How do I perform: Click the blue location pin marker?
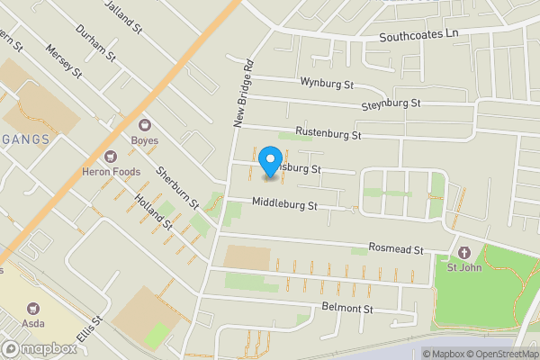pos(268,162)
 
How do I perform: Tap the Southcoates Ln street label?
pos(418,37)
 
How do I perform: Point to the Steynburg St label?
pos(391,105)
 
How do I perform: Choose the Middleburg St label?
pos(285,205)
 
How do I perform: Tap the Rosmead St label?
pos(394,249)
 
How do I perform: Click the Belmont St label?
pos(346,309)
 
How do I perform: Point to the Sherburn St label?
pos(177,188)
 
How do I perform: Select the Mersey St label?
pos(63,61)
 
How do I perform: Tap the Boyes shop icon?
pos(144,125)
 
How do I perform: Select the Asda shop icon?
pos(34,309)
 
